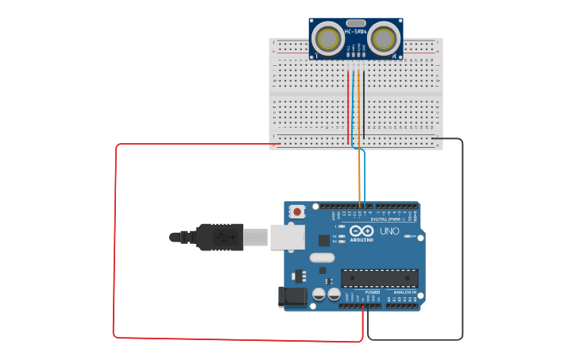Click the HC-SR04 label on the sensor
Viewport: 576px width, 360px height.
tap(355, 31)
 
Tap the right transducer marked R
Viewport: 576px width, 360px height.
tap(385, 37)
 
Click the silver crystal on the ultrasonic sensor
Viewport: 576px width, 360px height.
tap(355, 23)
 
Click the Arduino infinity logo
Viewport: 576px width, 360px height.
tap(361, 231)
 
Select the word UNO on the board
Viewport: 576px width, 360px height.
tap(389, 231)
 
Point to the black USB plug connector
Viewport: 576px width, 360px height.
tap(218, 237)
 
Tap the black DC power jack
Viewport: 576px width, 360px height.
tap(292, 296)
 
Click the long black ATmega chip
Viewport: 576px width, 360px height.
tap(379, 278)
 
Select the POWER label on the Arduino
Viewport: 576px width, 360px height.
tap(372, 292)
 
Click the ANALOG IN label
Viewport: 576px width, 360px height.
tap(405, 292)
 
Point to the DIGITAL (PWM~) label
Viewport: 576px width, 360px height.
tap(385, 219)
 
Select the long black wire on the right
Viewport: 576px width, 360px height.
tap(462, 238)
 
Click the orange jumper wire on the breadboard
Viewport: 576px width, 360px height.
tap(359, 107)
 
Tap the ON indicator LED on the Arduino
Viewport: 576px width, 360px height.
tap(408, 236)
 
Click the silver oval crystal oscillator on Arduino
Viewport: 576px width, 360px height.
tap(322, 257)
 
